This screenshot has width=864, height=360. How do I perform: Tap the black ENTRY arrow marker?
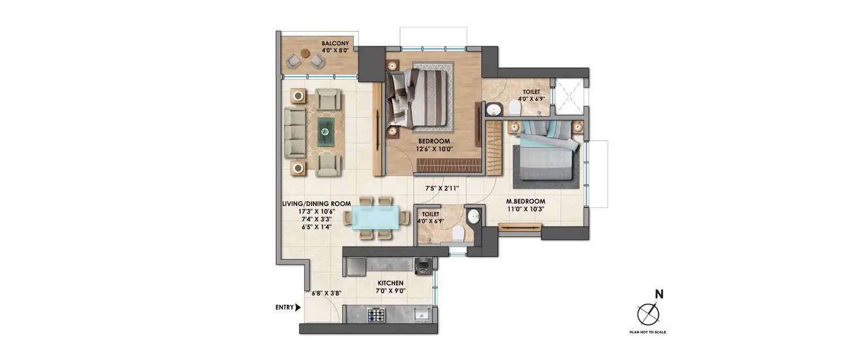(298, 308)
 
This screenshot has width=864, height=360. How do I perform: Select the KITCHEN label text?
(390, 283)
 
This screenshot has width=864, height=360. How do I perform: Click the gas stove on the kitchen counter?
(376, 313)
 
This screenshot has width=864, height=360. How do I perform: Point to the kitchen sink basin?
(422, 314)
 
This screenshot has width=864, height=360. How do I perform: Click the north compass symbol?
(647, 314)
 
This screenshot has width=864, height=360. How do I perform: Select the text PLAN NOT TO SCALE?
(648, 332)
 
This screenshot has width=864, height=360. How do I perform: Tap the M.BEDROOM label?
(526, 201)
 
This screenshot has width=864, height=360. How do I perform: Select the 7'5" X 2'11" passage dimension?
(442, 188)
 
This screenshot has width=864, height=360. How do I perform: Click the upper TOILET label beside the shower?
(531, 92)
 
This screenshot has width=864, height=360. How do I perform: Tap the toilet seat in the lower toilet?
(459, 234)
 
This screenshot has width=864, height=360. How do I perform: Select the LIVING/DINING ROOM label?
(308, 203)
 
